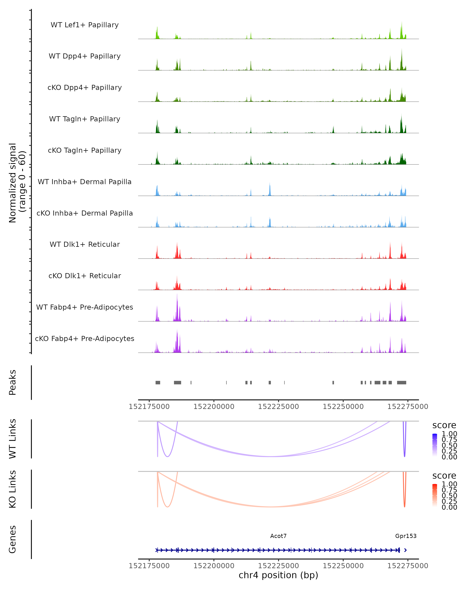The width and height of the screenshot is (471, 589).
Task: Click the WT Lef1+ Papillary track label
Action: (x=85, y=25)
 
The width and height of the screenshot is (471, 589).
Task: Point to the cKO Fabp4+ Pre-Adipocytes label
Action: (x=85, y=338)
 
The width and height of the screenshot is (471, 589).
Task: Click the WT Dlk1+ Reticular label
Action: (x=85, y=244)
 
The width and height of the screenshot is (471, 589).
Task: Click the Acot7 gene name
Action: (x=278, y=536)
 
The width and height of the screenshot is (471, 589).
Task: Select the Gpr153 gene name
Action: (x=406, y=536)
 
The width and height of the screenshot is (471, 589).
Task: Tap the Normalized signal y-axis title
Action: (x=17, y=183)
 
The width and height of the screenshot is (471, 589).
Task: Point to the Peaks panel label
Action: (x=13, y=382)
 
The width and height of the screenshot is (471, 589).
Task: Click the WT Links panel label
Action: (x=13, y=439)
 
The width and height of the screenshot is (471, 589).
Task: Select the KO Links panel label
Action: (x=13, y=489)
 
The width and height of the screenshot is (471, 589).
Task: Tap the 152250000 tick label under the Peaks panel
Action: (x=343, y=407)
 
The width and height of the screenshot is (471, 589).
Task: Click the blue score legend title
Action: (x=444, y=425)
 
